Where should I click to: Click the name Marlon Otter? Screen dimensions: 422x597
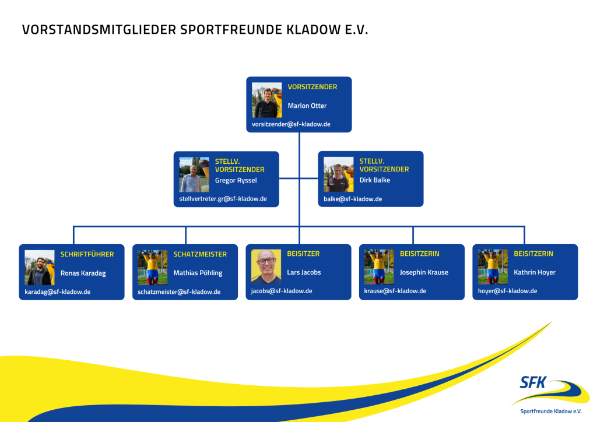click(307, 106)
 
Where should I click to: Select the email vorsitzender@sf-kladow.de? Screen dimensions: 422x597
click(291, 124)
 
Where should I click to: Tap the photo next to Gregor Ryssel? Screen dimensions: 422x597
click(194, 174)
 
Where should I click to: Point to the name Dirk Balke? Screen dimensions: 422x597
click(375, 180)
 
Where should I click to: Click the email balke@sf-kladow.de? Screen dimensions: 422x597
click(353, 199)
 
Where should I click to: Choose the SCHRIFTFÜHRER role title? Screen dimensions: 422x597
click(87, 254)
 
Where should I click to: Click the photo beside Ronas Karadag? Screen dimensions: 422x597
click(40, 268)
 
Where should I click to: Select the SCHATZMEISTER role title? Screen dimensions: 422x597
click(200, 254)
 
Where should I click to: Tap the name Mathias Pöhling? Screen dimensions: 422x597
click(198, 273)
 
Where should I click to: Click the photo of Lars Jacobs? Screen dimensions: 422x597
click(266, 267)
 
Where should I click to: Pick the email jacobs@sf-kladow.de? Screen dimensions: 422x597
click(282, 291)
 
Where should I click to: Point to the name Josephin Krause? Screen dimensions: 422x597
click(424, 272)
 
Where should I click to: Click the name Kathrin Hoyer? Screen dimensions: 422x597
click(535, 272)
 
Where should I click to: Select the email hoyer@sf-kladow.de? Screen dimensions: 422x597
click(507, 291)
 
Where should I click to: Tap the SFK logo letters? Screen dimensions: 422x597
click(534, 382)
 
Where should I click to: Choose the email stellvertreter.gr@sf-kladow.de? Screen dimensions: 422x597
click(223, 199)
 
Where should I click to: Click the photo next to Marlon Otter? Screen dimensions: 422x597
click(266, 100)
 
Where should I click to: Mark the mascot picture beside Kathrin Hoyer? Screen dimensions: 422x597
click(493, 267)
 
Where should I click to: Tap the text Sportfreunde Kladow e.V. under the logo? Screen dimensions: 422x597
click(551, 411)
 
